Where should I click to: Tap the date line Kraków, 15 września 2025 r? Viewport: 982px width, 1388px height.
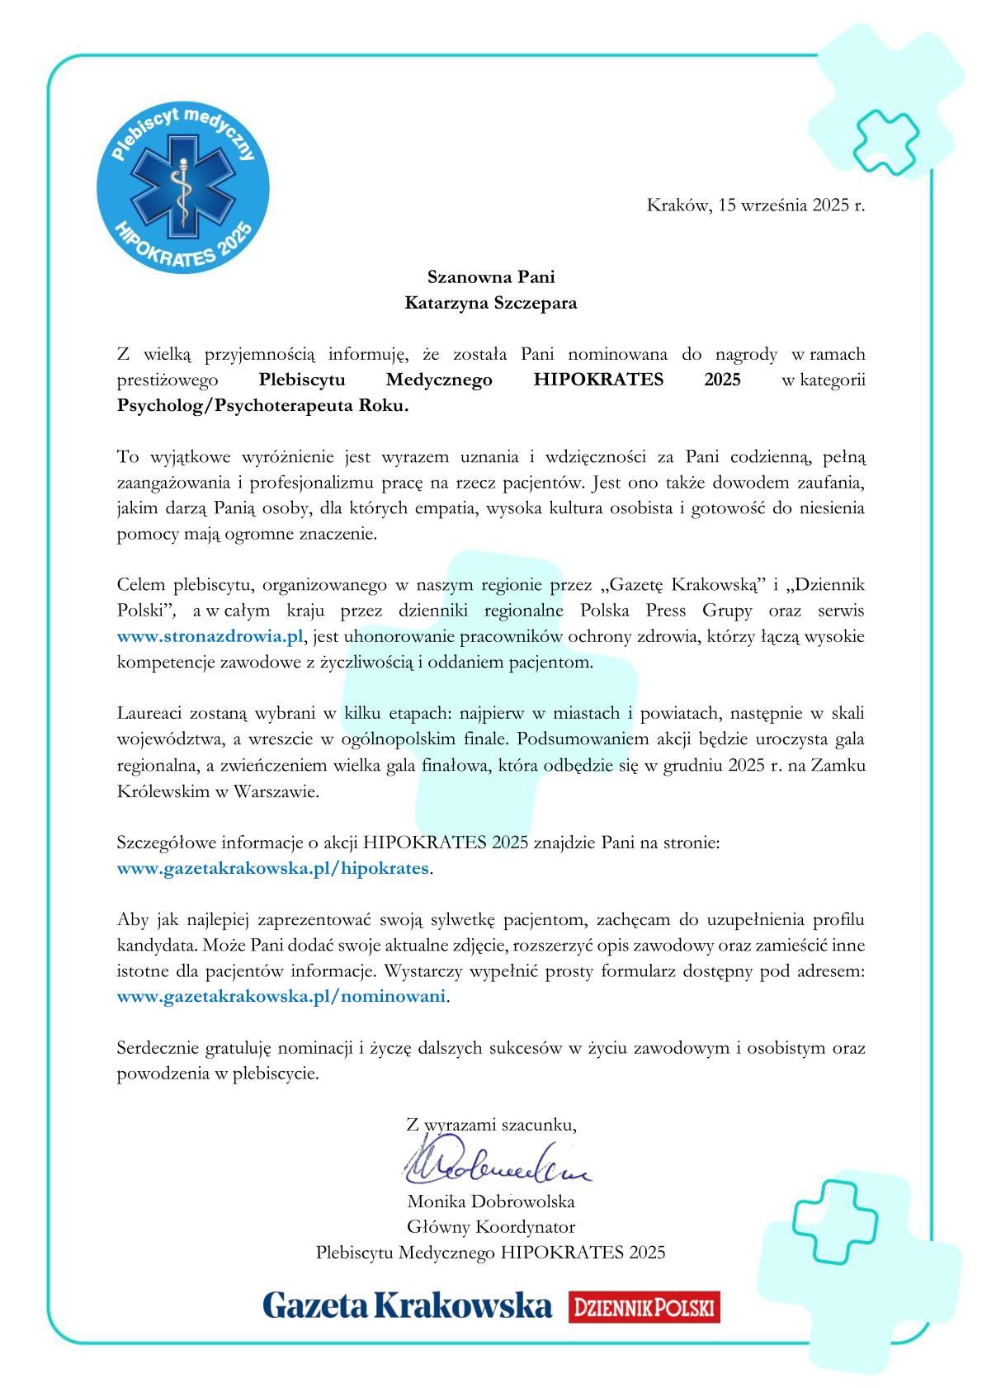coord(755,205)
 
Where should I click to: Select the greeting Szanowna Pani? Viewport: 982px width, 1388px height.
coord(491,276)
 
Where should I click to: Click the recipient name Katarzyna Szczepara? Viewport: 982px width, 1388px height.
coord(491,303)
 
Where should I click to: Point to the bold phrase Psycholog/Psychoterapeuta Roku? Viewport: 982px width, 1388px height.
coord(262,406)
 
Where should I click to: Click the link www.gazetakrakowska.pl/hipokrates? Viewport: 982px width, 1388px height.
coord(273,868)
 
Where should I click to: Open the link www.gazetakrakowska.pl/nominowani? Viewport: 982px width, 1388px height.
coord(281,996)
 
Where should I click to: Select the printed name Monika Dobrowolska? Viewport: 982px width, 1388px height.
coord(491,1202)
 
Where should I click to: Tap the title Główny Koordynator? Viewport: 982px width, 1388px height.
coord(491,1227)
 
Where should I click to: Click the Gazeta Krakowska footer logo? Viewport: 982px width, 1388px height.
coord(407,1305)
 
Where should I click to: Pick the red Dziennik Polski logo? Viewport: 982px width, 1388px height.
coord(644,1307)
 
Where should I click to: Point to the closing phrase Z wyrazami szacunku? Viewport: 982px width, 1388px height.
coord(491,1124)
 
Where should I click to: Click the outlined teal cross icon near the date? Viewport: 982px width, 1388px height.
coord(885,141)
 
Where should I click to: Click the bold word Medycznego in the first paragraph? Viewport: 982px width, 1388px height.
coord(439,380)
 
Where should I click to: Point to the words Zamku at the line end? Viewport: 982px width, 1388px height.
coord(838,765)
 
